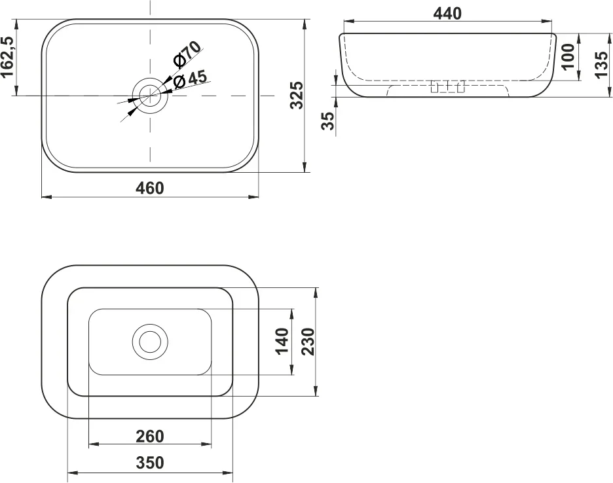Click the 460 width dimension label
(150, 188)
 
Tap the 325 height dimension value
(297, 95)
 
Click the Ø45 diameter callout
(190, 79)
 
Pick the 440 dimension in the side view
(447, 14)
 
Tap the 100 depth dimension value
(568, 56)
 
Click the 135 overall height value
(602, 64)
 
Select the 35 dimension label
(328, 120)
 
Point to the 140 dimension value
(282, 341)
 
